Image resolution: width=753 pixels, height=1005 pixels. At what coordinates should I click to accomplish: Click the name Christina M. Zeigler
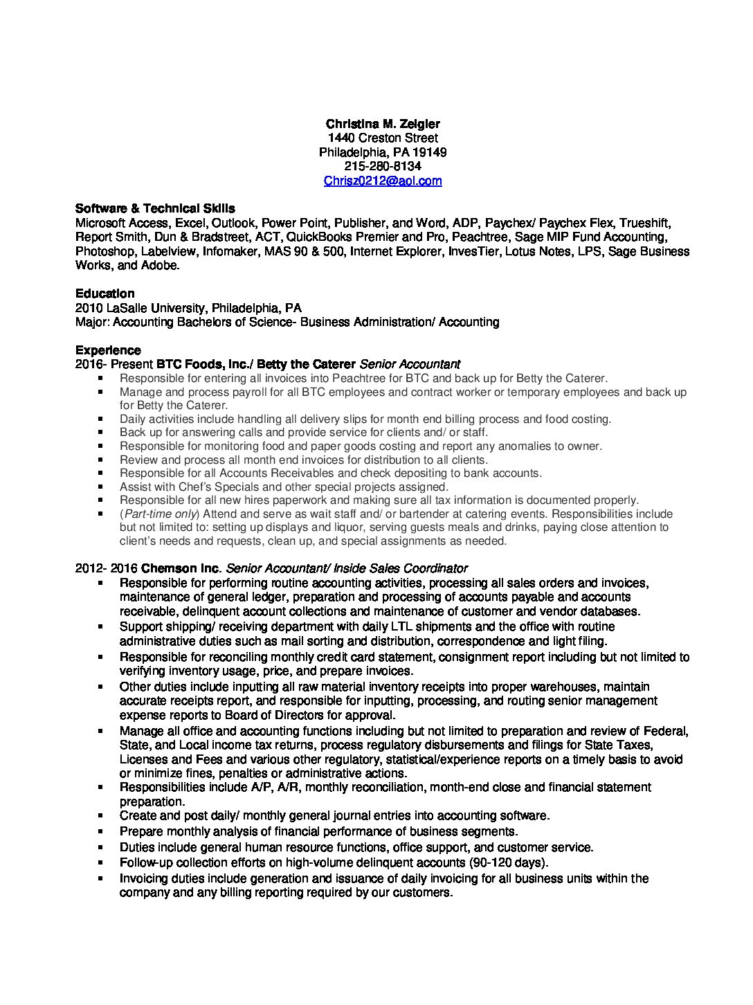pos(383,124)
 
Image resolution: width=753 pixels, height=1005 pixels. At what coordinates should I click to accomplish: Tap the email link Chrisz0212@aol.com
pos(383,181)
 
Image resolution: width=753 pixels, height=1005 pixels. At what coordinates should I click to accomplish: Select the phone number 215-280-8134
pos(383,166)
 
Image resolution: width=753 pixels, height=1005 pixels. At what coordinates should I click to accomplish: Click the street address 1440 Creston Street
pos(383,138)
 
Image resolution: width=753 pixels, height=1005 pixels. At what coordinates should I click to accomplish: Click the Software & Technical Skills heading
pos(155,208)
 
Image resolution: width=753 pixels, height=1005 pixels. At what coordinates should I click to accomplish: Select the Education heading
pos(105,293)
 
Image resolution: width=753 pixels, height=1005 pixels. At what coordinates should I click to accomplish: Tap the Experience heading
pos(107,350)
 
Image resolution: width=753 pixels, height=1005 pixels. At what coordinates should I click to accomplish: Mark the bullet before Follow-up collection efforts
pos(101,863)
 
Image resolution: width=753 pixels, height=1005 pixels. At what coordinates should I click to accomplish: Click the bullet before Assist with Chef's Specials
pos(101,487)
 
